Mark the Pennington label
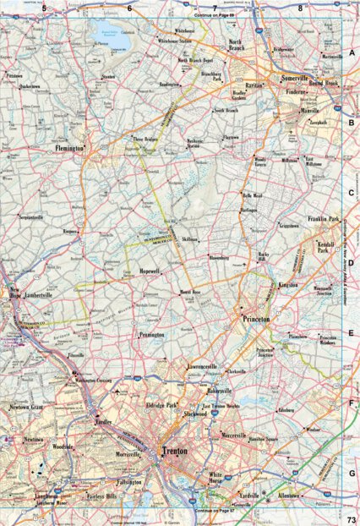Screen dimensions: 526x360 click(152, 335)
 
